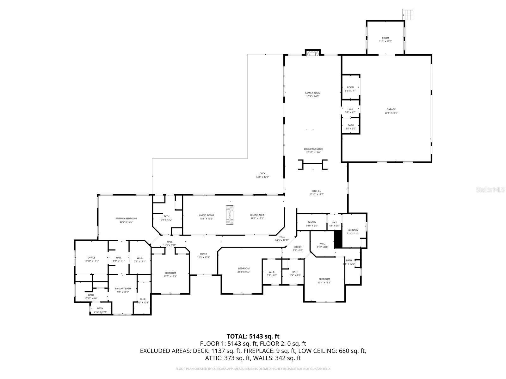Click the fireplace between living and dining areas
pos(230,215)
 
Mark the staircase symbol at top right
pos(408,15)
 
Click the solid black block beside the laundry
pos(338,239)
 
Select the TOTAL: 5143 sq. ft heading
pos(253,336)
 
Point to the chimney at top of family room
pos(313,53)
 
